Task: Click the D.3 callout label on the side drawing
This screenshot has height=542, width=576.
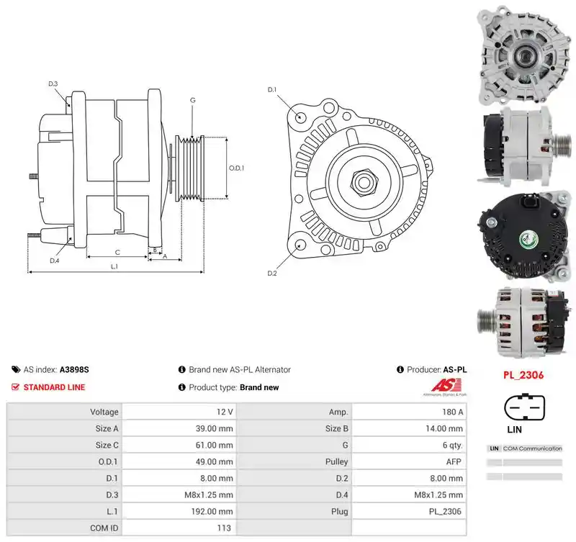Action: coord(53,83)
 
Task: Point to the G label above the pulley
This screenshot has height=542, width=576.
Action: coord(192,100)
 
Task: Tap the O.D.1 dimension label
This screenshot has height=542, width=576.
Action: coord(236,168)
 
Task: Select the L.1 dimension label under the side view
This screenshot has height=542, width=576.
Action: coord(114,266)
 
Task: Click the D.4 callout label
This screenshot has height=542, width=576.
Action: coord(55,261)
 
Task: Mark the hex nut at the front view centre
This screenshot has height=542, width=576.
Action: coord(363,182)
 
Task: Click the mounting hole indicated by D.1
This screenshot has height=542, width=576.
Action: coord(300,117)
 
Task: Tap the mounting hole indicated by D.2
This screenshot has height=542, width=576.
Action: coord(301,245)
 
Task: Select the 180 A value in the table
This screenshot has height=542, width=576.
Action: coord(453,412)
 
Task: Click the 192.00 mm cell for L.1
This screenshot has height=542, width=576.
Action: coord(212,511)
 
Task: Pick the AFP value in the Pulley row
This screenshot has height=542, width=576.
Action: coord(454,461)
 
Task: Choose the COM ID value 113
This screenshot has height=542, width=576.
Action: coord(224,528)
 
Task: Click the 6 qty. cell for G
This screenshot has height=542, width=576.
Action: coord(453,445)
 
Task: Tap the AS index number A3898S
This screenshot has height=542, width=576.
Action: coord(74,369)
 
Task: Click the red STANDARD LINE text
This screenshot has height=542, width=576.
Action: coord(55,387)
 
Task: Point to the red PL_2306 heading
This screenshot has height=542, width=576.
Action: coord(523,375)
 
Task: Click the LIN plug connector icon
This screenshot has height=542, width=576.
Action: coord(524,407)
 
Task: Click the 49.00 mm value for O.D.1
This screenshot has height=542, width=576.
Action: coord(214,461)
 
